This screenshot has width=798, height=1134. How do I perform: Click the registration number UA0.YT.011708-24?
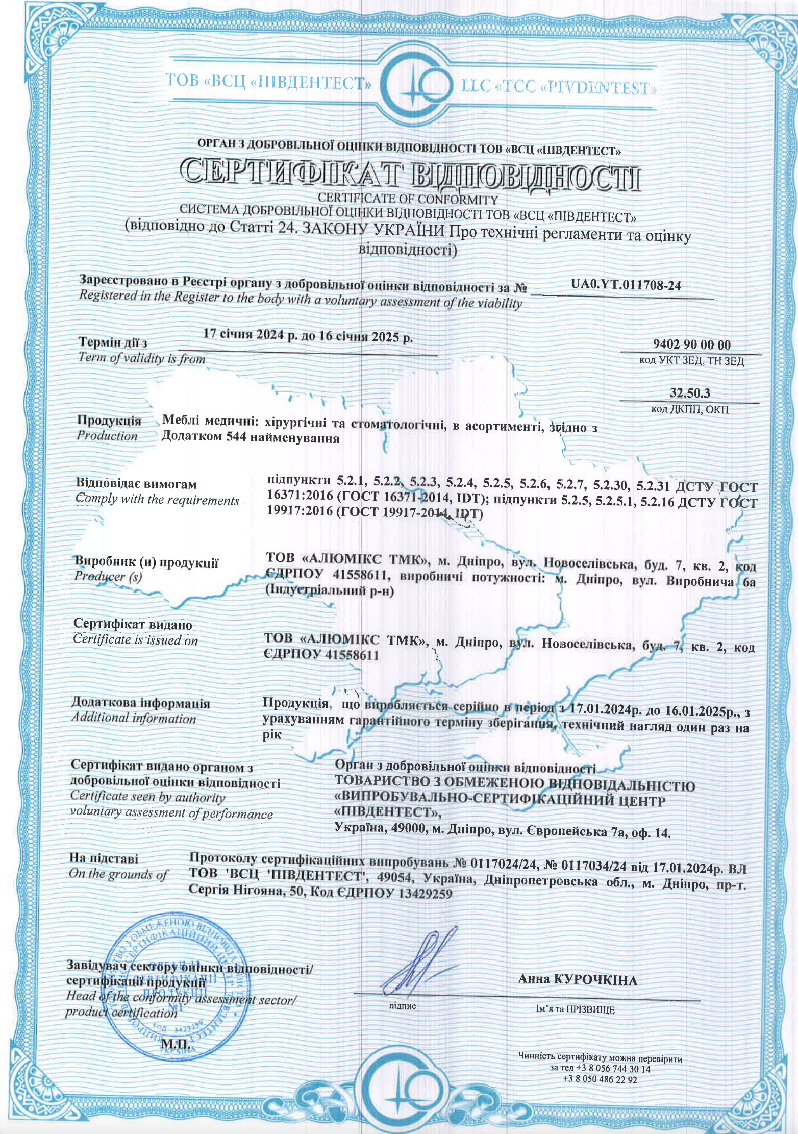click(x=626, y=285)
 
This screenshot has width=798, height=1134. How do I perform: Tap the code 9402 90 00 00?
click(x=691, y=345)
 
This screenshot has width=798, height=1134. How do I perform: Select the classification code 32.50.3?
click(x=690, y=393)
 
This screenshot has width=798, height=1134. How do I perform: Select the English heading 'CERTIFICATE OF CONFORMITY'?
click(x=407, y=199)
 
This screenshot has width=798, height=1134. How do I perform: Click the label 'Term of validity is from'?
click(x=141, y=358)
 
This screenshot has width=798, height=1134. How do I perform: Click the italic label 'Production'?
click(x=107, y=436)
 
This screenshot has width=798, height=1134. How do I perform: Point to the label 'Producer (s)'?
click(x=108, y=576)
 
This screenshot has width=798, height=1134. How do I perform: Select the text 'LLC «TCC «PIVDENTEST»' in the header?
click(x=558, y=88)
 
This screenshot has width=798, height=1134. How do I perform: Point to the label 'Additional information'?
click(x=133, y=718)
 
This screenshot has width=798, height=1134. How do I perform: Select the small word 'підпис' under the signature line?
click(x=402, y=1006)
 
